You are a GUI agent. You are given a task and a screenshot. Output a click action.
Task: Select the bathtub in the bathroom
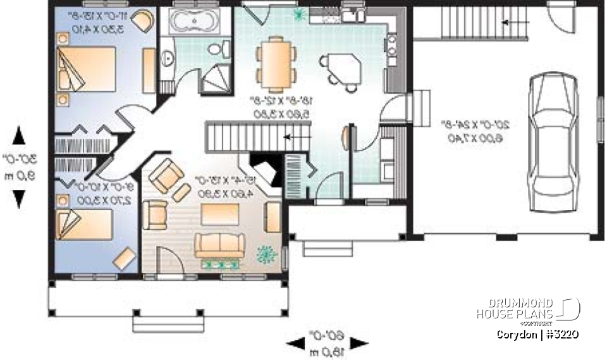(195, 24)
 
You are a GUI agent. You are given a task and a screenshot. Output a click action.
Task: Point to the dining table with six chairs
(276, 60)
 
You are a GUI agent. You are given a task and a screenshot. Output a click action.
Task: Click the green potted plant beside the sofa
(266, 254)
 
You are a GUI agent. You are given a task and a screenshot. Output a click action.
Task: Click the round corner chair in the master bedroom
(144, 22)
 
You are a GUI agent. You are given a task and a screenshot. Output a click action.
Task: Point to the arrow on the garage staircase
(511, 23)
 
